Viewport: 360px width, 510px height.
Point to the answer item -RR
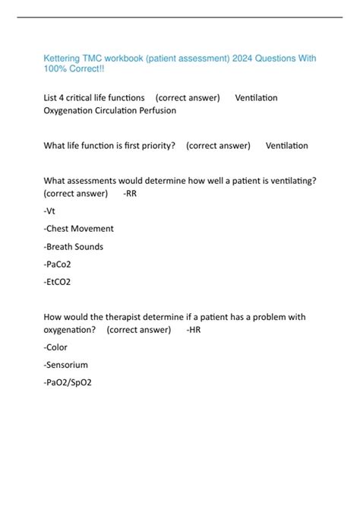coord(130,193)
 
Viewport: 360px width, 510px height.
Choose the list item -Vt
coord(50,211)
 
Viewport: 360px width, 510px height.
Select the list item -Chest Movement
coord(79,228)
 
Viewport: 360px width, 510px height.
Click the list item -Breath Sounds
coord(74,246)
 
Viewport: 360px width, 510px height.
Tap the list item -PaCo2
coord(59,264)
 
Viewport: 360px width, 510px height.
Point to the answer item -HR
coord(194,329)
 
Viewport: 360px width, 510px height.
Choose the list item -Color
coord(57,347)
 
